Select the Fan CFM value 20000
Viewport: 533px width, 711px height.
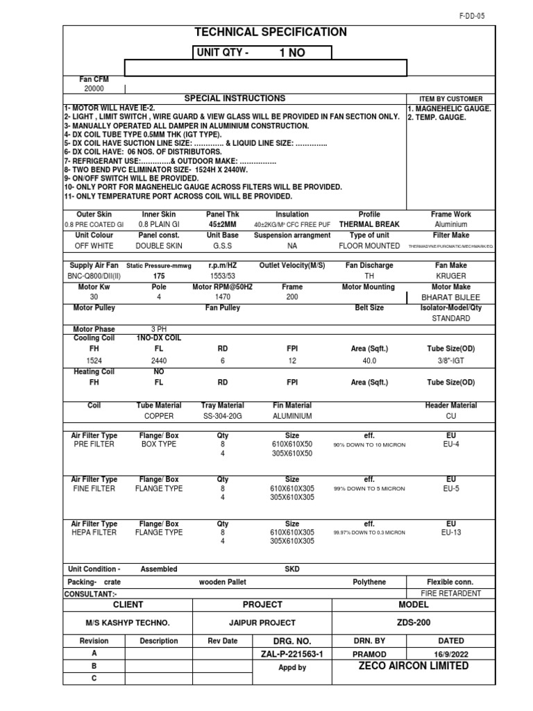[94, 89]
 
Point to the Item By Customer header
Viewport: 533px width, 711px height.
[451, 99]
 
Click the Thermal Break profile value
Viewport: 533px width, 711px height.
[369, 225]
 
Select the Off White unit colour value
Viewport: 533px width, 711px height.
[94, 246]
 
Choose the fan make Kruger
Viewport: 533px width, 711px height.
[451, 276]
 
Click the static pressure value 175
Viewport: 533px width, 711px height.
[159, 276]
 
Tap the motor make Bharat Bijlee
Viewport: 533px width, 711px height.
[451, 296]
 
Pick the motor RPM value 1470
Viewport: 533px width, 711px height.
[222, 296]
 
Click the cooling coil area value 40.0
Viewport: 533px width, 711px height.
[369, 361]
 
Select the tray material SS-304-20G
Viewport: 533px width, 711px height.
[222, 416]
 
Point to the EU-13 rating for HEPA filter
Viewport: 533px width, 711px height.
[451, 533]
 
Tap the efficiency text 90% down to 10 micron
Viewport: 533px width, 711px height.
[369, 445]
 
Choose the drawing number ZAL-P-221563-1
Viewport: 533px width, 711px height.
[292, 654]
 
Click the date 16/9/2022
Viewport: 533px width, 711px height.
[451, 654]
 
